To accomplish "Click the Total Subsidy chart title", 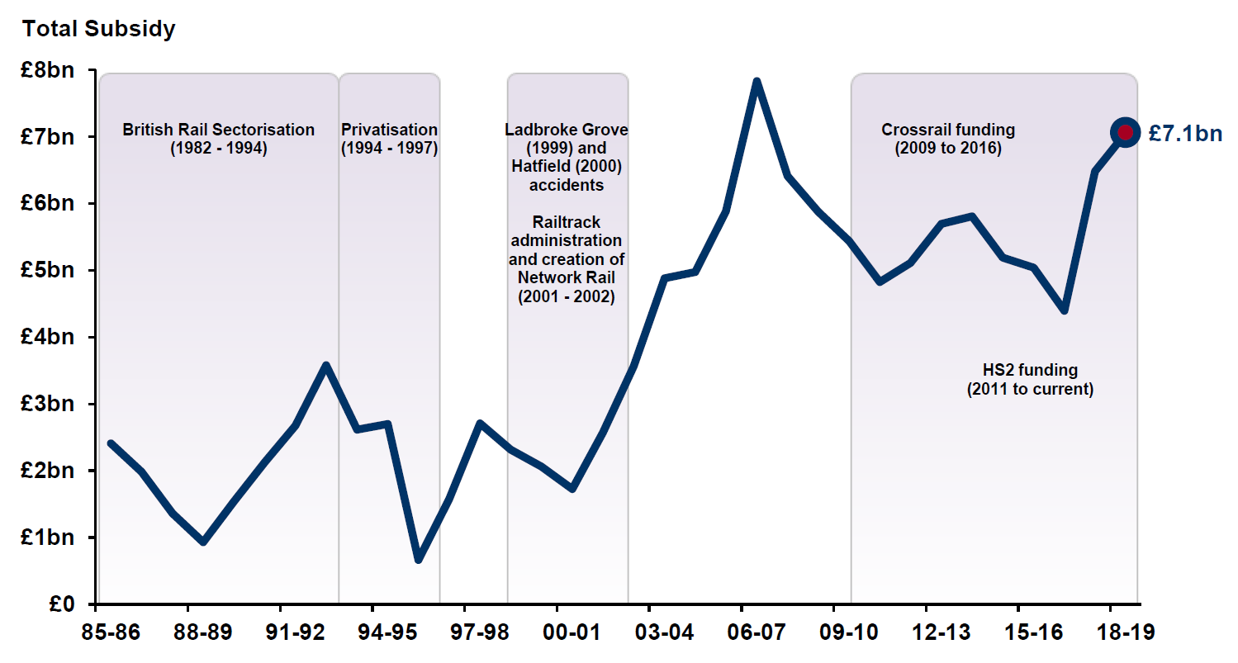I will coord(99,29).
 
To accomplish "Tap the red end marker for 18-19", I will coord(1124,132).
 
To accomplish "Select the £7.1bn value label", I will coord(1185,134).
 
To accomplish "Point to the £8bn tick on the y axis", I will coord(48,70).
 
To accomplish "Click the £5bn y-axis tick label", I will coord(48,271).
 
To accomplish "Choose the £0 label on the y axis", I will coord(60,604).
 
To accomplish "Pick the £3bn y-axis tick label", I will coord(48,405).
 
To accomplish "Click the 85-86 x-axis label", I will coord(111,633).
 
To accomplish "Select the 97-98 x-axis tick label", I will coord(479,633).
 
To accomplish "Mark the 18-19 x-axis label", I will coord(1124,633).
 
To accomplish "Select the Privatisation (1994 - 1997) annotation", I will coord(389,139).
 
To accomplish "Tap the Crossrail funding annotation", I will coord(948,139).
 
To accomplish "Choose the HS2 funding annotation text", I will coord(1030,379).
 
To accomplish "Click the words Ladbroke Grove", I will coord(567,130).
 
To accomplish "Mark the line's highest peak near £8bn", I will coord(756,82).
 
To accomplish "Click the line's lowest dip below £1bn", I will coord(419,560).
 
